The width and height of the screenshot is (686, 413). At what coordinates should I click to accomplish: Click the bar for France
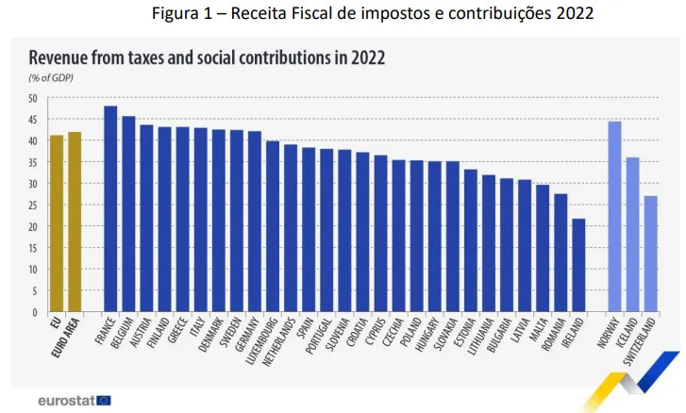click(110, 208)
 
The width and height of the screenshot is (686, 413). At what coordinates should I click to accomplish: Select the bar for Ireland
click(578, 265)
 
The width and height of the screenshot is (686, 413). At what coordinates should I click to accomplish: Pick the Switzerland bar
click(651, 253)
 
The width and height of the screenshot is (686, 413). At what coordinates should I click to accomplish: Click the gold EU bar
click(57, 223)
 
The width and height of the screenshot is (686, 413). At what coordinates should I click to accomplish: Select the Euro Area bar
click(75, 222)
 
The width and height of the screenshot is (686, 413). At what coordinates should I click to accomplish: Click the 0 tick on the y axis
click(35, 312)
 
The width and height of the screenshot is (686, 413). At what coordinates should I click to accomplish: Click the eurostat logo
click(75, 400)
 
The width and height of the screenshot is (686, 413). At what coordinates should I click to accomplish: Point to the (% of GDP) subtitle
click(52, 77)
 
